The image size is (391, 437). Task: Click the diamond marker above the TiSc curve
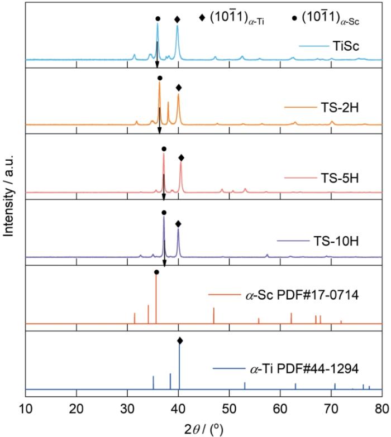(178, 20)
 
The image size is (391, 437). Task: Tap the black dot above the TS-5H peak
(164, 149)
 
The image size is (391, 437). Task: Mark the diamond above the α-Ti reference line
(179, 340)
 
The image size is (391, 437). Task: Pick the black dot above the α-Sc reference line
(156, 272)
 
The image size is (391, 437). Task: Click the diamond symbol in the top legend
(202, 18)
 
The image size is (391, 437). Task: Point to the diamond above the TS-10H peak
(178, 224)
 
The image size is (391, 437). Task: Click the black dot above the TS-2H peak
(160, 78)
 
